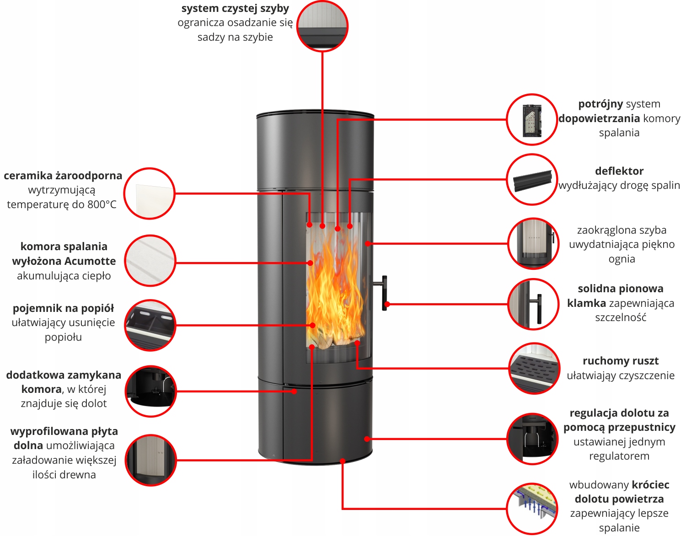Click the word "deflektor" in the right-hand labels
pyautogui.click(x=619, y=171)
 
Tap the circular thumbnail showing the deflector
pyautogui.click(x=532, y=179)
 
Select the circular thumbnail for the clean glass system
pyautogui.click(x=322, y=26)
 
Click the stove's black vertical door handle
pyautogui.click(x=385, y=293)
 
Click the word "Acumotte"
pyautogui.click(x=90, y=261)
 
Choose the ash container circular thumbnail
pyautogui.click(x=150, y=325)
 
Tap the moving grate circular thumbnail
pyautogui.click(x=534, y=368)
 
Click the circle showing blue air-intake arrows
pyautogui.click(x=532, y=508)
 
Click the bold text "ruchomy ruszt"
pyautogui.click(x=620, y=361)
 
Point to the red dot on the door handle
pyautogui.click(x=387, y=304)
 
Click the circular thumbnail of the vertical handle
pyautogui.click(x=533, y=304)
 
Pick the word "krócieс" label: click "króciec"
pyautogui.click(x=650, y=485)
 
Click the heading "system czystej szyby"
pyautogui.click(x=235, y=8)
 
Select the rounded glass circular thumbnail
pyautogui.click(x=533, y=243)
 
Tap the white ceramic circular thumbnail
pyautogui.click(x=150, y=193)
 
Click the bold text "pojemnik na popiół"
pyautogui.click(x=63, y=308)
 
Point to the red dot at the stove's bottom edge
pyautogui.click(x=342, y=461)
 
